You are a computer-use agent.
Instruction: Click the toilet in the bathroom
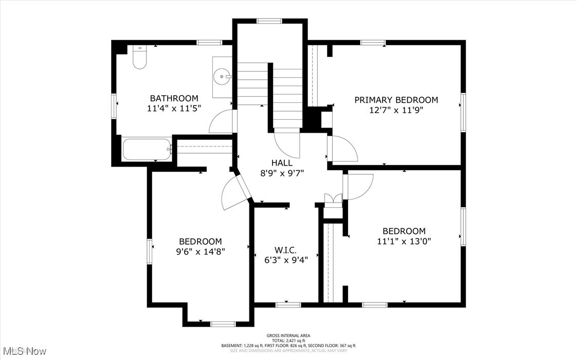tap(139, 58)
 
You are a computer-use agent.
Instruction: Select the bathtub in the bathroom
tap(147, 149)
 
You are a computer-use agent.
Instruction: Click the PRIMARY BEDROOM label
tap(396, 100)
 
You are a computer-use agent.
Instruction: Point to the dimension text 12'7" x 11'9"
tap(396, 110)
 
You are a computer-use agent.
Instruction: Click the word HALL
tap(282, 163)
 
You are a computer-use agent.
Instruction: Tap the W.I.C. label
tap(285, 250)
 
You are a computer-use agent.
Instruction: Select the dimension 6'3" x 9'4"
tap(285, 260)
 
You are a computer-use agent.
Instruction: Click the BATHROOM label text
tap(174, 98)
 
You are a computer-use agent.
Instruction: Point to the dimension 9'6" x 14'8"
tap(200, 251)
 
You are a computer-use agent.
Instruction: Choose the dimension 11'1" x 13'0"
tap(404, 241)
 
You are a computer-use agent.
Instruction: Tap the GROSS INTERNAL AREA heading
tap(288, 335)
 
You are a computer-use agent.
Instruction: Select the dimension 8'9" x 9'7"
tap(282, 173)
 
